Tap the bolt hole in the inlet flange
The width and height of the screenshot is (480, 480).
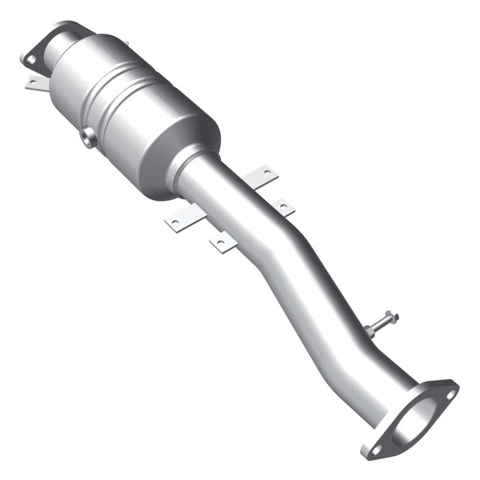29,59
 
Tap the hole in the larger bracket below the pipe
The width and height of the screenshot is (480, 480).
175,223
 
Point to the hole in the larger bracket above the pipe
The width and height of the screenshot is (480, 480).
267,173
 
